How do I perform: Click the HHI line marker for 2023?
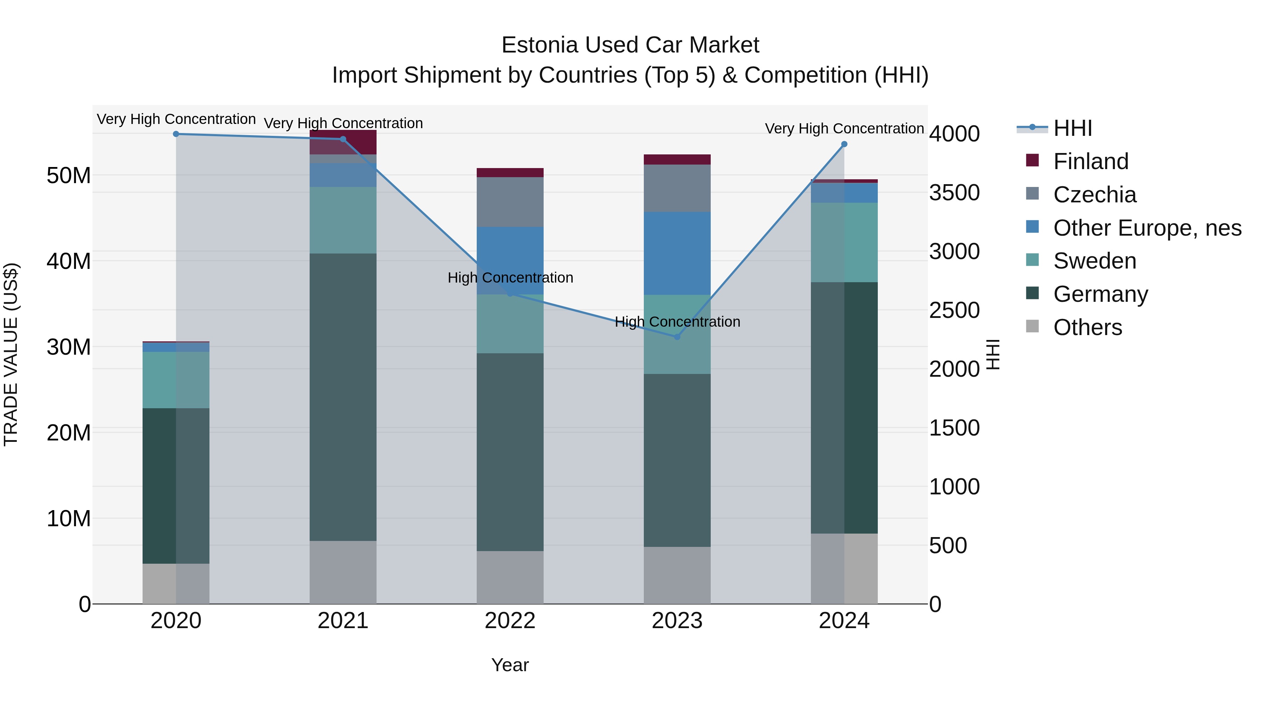(677, 336)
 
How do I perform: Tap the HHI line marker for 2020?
(176, 134)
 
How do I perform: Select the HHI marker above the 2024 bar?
(844, 144)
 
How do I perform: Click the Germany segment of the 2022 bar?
(510, 452)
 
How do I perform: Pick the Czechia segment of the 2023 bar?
(677, 188)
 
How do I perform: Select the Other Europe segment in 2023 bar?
(677, 253)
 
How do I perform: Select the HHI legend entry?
(1072, 128)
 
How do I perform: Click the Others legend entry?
(1087, 327)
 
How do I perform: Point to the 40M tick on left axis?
(69, 261)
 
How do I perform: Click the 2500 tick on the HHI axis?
(954, 310)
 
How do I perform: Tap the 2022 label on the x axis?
(510, 621)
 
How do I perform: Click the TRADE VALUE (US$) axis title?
(11, 354)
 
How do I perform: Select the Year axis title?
(510, 665)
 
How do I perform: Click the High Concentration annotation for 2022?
(510, 277)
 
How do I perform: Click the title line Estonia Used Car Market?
(630, 45)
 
